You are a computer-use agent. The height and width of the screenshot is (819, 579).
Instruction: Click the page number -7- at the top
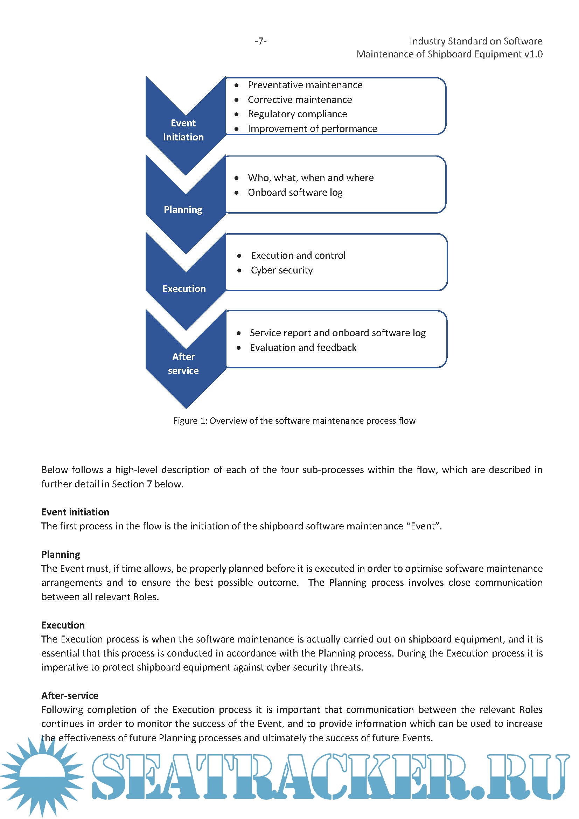(261, 41)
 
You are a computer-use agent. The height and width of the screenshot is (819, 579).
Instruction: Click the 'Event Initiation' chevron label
(183, 130)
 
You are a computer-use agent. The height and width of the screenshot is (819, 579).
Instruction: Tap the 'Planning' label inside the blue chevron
(183, 209)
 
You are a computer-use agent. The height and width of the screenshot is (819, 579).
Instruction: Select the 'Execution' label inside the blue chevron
(184, 289)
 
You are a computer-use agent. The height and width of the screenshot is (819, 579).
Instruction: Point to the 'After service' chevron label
(183, 363)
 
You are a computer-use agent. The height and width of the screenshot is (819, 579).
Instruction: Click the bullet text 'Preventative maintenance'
(305, 85)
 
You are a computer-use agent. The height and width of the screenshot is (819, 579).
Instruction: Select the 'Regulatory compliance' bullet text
(297, 114)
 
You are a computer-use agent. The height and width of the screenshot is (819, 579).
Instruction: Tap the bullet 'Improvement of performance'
(312, 129)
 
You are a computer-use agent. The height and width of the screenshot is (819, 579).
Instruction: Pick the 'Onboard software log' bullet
(295, 192)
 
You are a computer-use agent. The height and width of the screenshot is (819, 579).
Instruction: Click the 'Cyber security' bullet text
(282, 270)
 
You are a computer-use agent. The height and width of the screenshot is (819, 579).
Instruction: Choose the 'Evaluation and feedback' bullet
(303, 347)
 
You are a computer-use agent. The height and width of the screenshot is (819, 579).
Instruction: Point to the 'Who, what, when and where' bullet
(311, 178)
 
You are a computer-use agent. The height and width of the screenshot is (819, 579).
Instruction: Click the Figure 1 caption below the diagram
(294, 421)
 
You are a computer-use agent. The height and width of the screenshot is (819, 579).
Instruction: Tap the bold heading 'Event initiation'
(75, 512)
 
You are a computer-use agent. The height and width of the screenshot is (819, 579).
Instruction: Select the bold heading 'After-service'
(70, 695)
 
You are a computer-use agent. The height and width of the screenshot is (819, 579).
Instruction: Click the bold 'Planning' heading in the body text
(61, 554)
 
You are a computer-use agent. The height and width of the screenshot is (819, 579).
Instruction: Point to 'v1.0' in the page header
(533, 54)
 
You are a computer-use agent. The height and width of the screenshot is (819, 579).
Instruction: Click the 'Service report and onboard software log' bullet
(337, 333)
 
